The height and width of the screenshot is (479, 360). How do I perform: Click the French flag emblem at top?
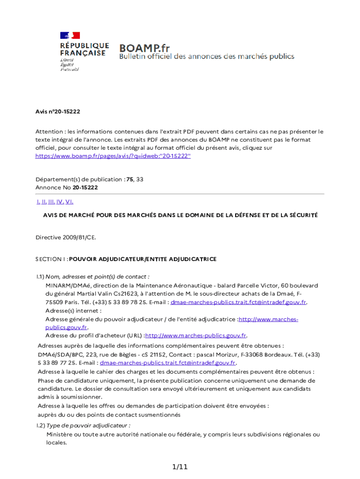pos(70,35)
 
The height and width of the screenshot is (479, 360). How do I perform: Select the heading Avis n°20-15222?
pos(58,112)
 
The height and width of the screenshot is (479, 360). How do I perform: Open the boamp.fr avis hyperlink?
pos(113,156)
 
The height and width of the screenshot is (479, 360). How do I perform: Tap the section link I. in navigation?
pos(38,202)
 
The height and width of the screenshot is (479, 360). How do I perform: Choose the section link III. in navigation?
pos(51,202)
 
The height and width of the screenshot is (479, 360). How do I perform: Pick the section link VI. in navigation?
pos(69,202)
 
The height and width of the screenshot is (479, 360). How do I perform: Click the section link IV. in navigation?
pos(60,202)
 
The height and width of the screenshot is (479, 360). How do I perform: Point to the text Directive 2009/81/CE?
pos(66,237)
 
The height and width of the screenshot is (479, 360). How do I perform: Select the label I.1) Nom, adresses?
pos(93,276)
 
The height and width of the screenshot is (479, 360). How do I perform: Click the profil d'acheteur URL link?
pos(196,335)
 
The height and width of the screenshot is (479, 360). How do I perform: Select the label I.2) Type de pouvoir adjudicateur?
pos(83,426)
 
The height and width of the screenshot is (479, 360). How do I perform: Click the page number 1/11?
pos(180,467)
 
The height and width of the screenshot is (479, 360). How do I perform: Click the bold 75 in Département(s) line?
pos(130,179)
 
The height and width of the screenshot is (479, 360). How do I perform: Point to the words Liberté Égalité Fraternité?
pos(69,65)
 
